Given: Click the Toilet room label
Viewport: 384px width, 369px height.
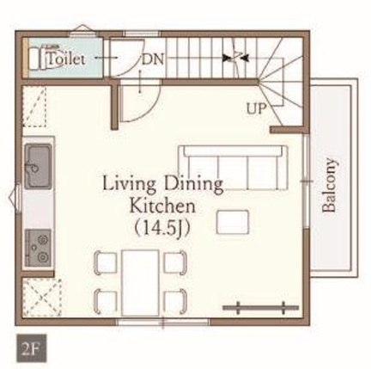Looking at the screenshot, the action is tap(66, 59).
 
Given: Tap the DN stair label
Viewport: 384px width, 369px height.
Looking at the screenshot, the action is tap(153, 59).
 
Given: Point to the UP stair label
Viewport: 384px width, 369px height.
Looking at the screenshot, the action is tap(256, 108).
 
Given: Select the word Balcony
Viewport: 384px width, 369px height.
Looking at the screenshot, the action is tap(329, 185).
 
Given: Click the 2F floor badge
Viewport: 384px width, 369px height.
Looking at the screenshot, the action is tap(32, 348).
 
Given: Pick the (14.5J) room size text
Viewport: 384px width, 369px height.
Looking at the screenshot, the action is tap(162, 228).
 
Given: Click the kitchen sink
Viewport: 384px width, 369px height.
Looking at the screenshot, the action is tap(38, 166).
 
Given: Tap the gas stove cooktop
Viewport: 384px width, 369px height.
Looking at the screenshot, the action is tap(39, 248).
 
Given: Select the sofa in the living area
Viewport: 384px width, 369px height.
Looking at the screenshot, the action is tap(233, 168).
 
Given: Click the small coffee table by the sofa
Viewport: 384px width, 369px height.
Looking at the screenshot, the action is tap(233, 222).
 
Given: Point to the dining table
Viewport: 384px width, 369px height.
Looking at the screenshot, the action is tap(140, 283).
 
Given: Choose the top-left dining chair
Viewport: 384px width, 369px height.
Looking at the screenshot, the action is tap(106, 262).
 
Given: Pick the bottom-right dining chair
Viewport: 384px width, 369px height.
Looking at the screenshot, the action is tap(175, 302).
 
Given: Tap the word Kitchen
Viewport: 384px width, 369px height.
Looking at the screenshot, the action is tap(162, 206).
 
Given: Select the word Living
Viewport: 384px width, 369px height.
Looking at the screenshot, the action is tap(129, 184).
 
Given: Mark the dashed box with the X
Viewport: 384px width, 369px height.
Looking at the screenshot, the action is tap(42, 298).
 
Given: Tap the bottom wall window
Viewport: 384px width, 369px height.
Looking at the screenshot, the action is tap(163, 322).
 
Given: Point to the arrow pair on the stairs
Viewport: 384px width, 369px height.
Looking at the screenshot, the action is tap(236, 58).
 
